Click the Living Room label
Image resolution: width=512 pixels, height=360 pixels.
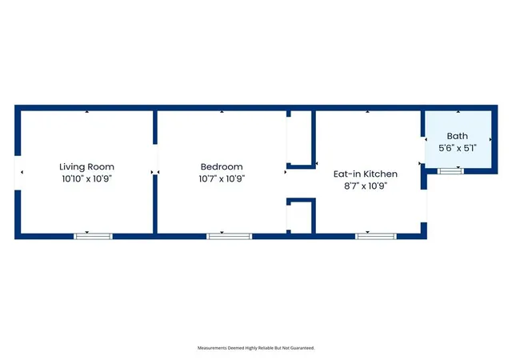click(x=87, y=167)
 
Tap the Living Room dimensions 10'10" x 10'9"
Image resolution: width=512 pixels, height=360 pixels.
click(x=87, y=179)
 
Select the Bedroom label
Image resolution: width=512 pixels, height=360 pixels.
click(x=222, y=167)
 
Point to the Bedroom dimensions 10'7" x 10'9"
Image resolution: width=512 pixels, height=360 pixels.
click(x=222, y=179)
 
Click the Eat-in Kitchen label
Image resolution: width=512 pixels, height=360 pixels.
click(x=366, y=174)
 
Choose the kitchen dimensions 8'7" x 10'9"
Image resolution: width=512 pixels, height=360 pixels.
click(x=366, y=186)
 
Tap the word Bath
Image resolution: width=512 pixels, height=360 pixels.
click(x=457, y=136)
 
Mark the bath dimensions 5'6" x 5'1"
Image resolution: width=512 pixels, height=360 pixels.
click(x=457, y=148)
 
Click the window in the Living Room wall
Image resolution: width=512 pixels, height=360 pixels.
click(x=93, y=236)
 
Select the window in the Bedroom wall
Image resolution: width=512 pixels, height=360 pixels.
click(x=230, y=236)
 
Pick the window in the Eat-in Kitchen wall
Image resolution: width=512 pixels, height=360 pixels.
click(x=376, y=236)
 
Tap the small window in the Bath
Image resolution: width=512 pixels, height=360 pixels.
click(x=450, y=171)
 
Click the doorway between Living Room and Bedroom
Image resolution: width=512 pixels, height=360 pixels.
click(x=155, y=159)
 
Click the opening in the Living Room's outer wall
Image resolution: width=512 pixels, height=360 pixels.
click(x=18, y=173)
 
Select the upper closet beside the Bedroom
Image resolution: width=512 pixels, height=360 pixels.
click(x=300, y=138)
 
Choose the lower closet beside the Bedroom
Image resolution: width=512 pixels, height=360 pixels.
click(x=300, y=217)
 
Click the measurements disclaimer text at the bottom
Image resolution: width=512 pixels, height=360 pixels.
click(x=256, y=348)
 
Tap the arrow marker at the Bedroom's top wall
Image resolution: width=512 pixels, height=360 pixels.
click(x=222, y=112)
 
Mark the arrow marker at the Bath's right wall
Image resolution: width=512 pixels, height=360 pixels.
click(x=490, y=139)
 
